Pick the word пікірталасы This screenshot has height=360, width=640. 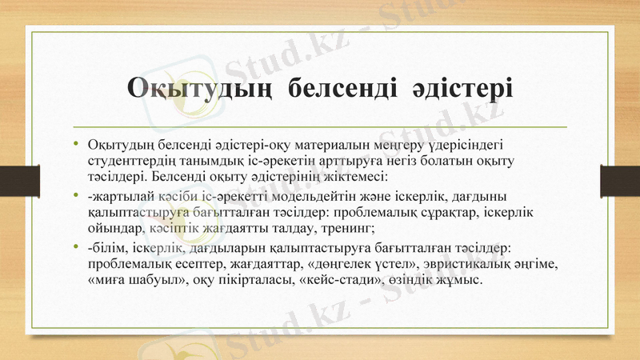pyautogui.click(x=258, y=278)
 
